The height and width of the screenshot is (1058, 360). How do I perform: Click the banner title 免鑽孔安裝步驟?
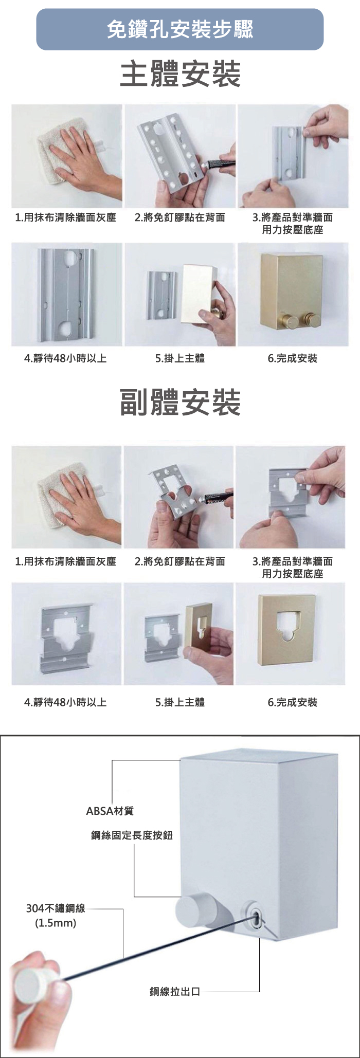(180, 29)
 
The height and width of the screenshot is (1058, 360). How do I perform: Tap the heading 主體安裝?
(180, 74)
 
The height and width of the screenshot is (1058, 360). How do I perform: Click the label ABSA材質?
(110, 811)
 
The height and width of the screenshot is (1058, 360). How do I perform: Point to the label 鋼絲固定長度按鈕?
(132, 835)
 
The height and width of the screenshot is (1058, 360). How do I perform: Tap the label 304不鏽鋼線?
(56, 908)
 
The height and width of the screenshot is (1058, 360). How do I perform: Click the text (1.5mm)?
(56, 923)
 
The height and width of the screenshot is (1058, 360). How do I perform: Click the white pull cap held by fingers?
(32, 984)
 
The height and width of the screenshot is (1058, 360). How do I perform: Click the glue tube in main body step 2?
(218, 165)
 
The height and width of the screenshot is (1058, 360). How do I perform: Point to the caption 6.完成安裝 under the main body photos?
(293, 358)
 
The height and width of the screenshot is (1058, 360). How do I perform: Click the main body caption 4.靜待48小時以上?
(66, 358)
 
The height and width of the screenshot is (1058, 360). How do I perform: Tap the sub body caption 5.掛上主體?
(180, 702)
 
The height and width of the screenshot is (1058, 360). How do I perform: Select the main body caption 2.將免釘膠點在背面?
(180, 217)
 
